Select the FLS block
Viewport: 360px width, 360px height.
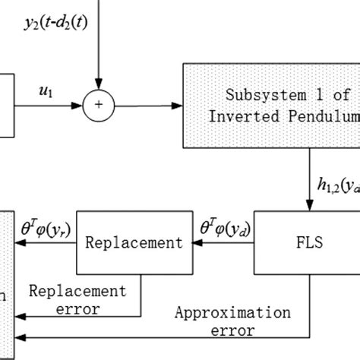click(x=309, y=243)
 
